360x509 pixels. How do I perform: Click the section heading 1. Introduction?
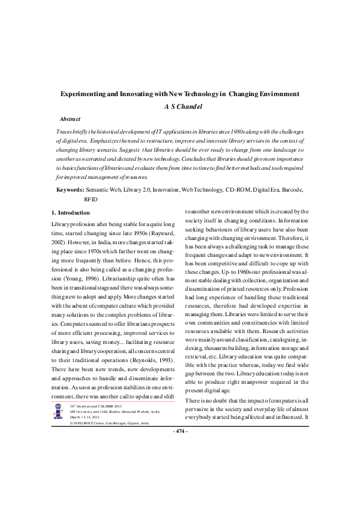[71, 213]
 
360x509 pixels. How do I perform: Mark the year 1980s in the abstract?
[226, 131]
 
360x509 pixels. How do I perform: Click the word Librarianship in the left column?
[123, 271]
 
